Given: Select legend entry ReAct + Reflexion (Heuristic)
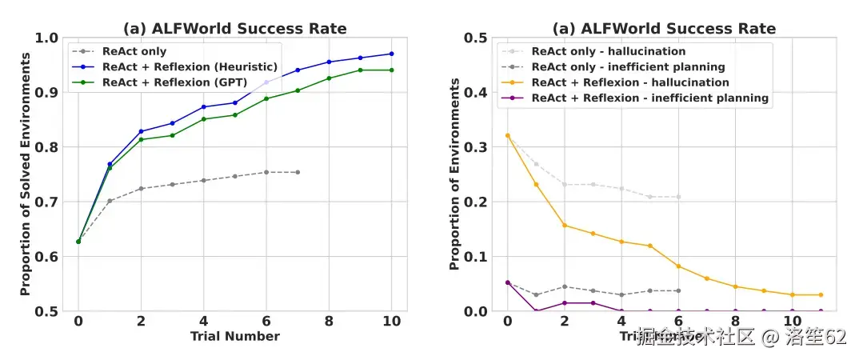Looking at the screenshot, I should (x=190, y=66).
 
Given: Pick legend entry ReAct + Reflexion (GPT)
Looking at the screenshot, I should (x=174, y=82).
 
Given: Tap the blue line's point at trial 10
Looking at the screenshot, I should (x=392, y=54).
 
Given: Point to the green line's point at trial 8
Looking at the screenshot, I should (x=329, y=78).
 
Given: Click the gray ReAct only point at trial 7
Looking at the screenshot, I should (x=298, y=172).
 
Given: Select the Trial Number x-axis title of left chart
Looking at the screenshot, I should (x=235, y=336).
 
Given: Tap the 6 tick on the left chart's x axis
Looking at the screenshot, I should (x=266, y=321).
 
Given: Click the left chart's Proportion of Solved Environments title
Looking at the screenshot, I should (x=26, y=174).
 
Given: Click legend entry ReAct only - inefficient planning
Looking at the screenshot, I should (x=628, y=66).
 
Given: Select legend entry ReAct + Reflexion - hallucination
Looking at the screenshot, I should (x=630, y=82).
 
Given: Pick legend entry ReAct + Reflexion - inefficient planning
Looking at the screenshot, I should (x=650, y=98).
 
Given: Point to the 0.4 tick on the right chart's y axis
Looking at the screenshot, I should (x=477, y=92).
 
